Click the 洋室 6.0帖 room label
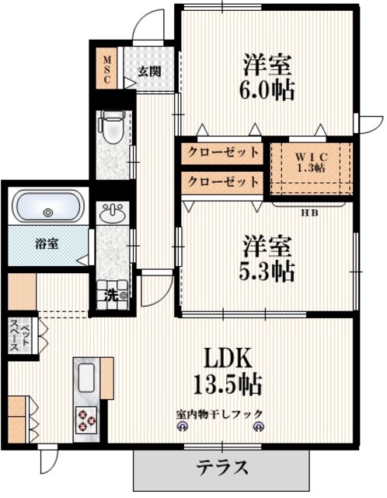[267, 76]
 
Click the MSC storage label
[108, 68]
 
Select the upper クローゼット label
[221, 153]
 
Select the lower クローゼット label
[221, 182]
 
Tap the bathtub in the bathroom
[48, 210]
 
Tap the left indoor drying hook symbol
[183, 427]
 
